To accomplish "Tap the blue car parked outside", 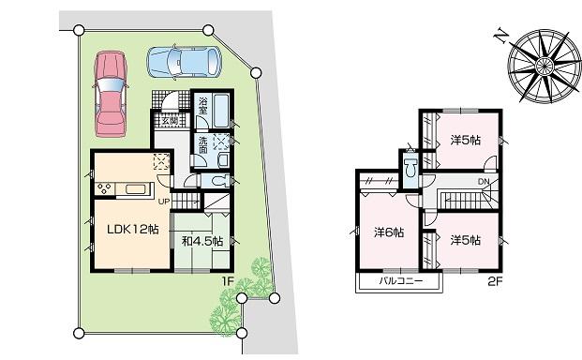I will coord(184,63).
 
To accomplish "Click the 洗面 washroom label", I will coord(202,144).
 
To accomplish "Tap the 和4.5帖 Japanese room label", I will coord(201,241).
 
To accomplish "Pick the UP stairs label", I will coord(164,201).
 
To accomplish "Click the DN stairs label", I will coord(483,182).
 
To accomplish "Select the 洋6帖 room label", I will coord(389,232).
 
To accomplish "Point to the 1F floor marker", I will coord(226,280).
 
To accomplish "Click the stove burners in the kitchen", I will coord(102,188).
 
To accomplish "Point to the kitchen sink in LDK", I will coord(133,189).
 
